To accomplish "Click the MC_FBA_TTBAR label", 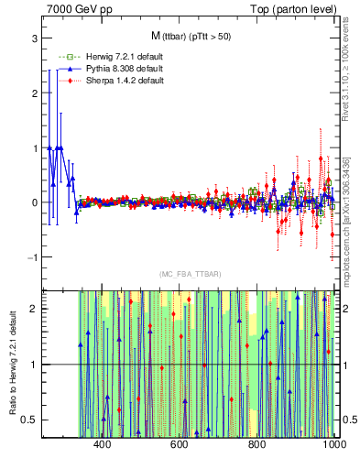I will tap(191, 274).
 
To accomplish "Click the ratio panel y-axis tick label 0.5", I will tap(29, 420).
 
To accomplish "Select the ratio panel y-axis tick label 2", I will tap(33, 310).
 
